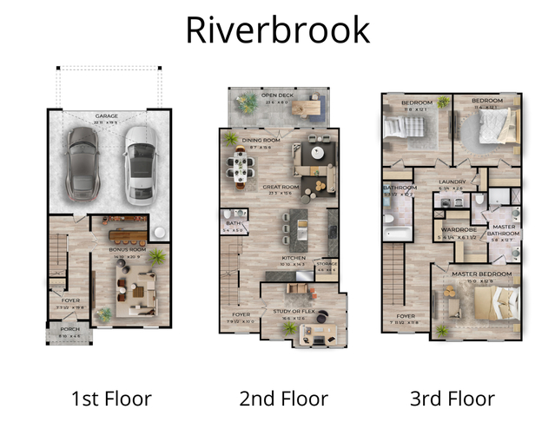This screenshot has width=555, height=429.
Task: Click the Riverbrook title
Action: pyautogui.click(x=277, y=29)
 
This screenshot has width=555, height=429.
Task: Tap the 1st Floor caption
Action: pyautogui.click(x=110, y=399)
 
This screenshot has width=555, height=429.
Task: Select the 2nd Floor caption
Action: pyautogui.click(x=283, y=399)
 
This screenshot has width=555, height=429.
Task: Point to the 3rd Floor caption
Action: pyautogui.click(x=452, y=399)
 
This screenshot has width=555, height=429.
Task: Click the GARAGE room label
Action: pyautogui.click(x=108, y=115)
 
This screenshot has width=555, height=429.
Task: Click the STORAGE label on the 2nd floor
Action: pyautogui.click(x=328, y=264)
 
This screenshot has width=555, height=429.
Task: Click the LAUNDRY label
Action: pyautogui.click(x=453, y=181)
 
